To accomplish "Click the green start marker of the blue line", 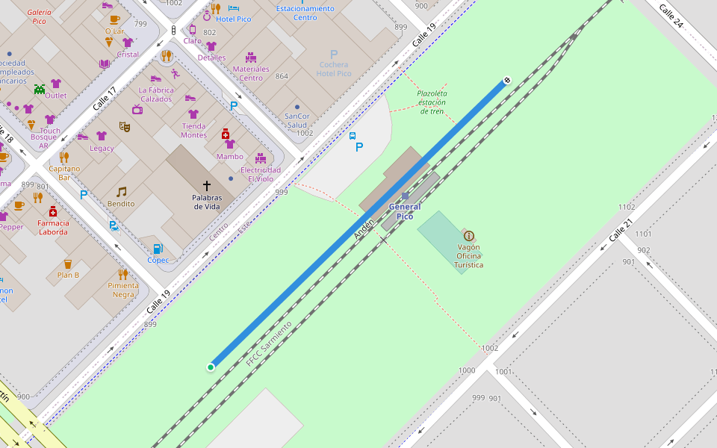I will [211, 367].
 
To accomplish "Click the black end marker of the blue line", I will [507, 79].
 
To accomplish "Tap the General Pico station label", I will [404, 211].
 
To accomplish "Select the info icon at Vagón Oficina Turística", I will [469, 235].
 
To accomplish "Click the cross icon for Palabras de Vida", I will [207, 184].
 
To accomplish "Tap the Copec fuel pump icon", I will [158, 248].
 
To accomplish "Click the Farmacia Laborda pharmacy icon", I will [52, 211].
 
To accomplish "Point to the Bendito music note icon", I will [121, 191].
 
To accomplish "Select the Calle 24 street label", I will [671, 15].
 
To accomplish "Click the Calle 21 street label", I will [620, 230].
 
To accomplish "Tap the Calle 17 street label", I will [105, 99].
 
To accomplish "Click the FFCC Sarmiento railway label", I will [268, 343].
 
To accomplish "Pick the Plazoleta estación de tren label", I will [431, 102].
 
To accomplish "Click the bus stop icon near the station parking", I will [353, 136].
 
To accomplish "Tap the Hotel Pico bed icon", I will [233, 8].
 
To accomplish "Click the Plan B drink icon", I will [68, 264].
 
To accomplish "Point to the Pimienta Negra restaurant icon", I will [123, 274].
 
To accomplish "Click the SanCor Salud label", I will [297, 120].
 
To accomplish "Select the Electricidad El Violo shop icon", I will [260, 158].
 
